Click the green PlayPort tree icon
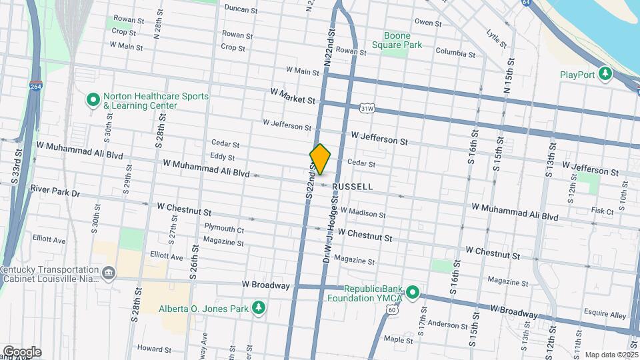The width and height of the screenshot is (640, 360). [605, 73]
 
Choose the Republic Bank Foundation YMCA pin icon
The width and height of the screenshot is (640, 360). [413, 292]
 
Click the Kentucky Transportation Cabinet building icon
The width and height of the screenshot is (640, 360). [108, 273]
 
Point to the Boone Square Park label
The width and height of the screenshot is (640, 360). [403, 40]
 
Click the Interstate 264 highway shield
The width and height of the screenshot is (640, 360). [36, 87]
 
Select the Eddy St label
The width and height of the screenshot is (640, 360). [222, 158]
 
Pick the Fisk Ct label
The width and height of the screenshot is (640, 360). [601, 211]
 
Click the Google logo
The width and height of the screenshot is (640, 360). [21, 352]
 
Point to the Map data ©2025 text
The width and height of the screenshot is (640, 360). [611, 355]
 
